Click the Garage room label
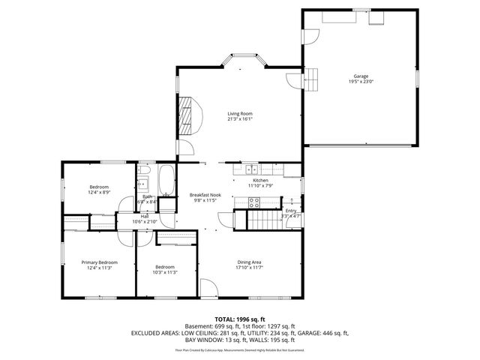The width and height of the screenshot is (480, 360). (361, 76)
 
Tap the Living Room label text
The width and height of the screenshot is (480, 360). (240, 113)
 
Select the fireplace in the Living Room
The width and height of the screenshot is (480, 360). (186, 112)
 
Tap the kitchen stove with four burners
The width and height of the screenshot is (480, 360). (254, 201)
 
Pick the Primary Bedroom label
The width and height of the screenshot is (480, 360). (100, 262)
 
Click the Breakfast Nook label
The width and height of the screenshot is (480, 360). (204, 194)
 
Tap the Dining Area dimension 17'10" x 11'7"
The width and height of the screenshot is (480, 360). (250, 267)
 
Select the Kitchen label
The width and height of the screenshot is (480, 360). (260, 181)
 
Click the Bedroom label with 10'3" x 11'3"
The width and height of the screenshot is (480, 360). (165, 267)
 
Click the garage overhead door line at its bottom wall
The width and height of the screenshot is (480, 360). (361, 143)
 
